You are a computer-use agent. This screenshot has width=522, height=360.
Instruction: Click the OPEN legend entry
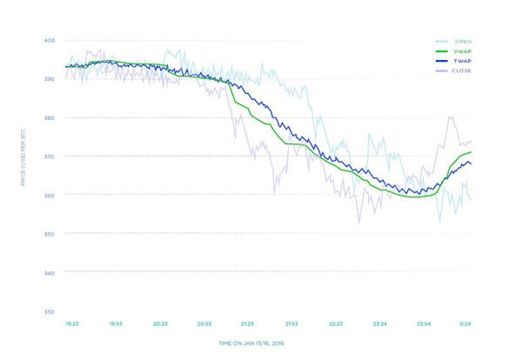pos(455,40)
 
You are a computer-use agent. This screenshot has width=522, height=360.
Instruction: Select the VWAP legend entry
pos(455,51)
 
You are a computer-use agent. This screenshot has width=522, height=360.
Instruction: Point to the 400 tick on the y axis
pos(49,41)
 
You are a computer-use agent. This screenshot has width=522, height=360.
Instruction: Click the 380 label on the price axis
pos(49,117)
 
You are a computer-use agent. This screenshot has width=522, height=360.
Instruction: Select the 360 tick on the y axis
pos(49,196)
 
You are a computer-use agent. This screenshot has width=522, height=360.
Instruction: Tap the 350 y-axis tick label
pos(49,235)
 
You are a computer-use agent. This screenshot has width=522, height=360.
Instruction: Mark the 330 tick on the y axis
pos(49,311)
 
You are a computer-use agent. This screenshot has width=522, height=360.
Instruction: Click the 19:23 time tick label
pos(72,323)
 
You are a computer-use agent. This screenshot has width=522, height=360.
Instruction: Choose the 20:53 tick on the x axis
pos(204,323)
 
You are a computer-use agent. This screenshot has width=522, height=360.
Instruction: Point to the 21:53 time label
pos(292,323)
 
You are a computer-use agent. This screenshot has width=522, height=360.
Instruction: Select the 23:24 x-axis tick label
pos(380,323)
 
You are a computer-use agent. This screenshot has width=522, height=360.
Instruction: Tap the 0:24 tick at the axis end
pos(465,323)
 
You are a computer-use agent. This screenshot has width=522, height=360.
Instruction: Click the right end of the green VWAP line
pos(472,152)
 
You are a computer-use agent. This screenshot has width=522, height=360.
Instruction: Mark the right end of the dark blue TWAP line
pos(472,163)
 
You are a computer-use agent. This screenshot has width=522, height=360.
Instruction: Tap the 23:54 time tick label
pos(425,323)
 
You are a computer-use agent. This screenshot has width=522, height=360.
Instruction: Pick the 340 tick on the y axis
pos(49,273)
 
